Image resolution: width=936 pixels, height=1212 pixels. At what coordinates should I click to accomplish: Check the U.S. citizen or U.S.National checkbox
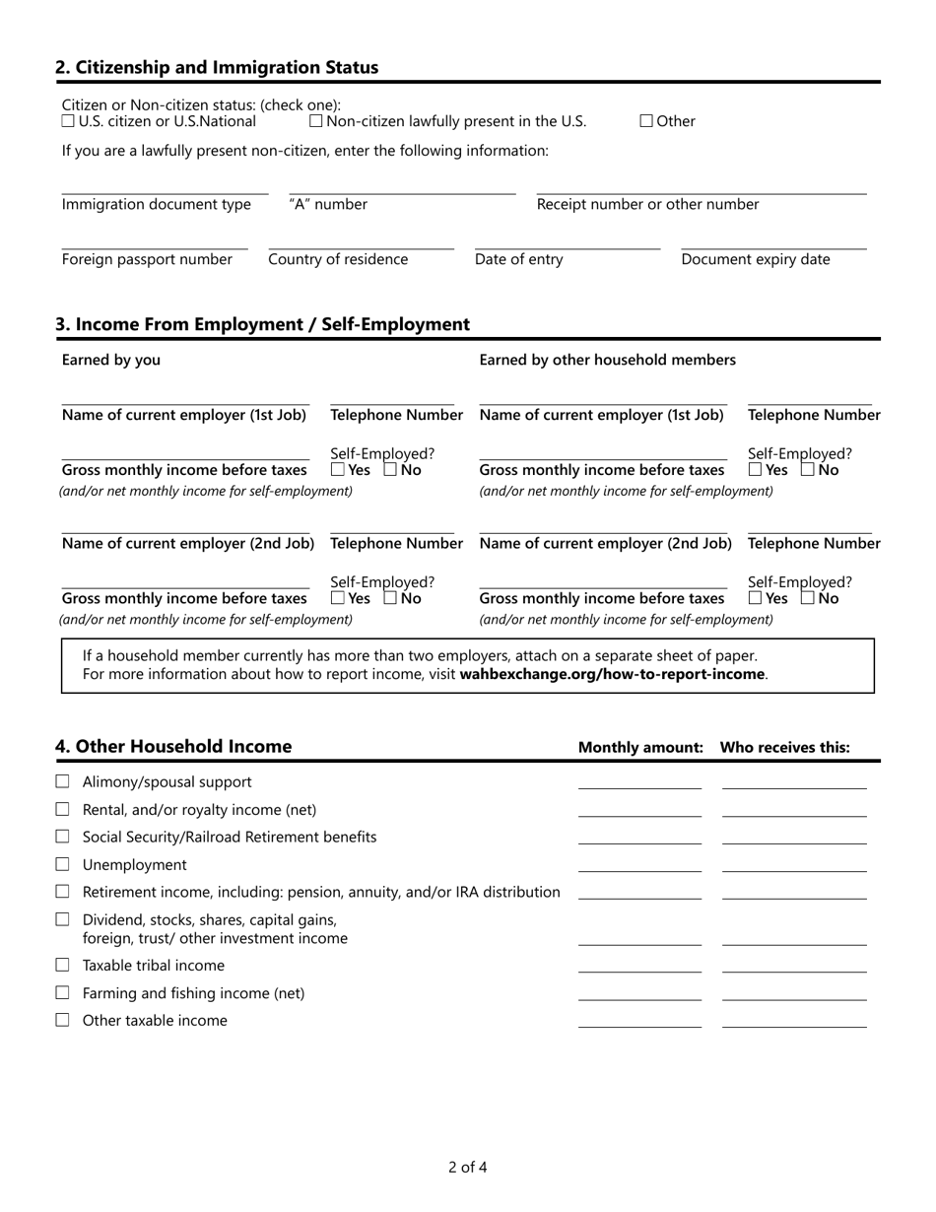pos(68,121)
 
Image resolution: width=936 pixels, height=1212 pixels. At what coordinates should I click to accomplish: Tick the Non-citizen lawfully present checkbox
pos(316,121)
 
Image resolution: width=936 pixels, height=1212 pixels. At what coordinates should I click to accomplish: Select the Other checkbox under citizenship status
pos(646,121)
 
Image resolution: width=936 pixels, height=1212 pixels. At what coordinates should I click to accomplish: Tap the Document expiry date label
pos(755,259)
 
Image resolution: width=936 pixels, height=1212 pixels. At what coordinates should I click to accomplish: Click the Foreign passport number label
pos(147,259)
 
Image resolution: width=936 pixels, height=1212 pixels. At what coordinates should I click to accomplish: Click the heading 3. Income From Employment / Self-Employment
pos(262,324)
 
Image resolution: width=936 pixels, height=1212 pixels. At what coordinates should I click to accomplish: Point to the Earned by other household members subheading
pos(607,360)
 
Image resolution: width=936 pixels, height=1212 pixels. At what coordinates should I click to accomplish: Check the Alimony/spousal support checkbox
pos(63,781)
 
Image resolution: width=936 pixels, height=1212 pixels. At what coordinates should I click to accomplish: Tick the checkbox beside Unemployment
pos(63,864)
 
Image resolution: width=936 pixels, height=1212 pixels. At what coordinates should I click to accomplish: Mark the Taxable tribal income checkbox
pos(63,965)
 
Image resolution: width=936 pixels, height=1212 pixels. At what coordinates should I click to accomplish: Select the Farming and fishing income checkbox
pos(63,992)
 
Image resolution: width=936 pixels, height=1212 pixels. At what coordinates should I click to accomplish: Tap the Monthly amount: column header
pos(640,748)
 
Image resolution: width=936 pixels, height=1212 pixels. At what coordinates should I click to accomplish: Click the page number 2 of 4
pos(467,1168)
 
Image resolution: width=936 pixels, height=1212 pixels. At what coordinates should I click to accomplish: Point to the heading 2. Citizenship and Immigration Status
pos(217,68)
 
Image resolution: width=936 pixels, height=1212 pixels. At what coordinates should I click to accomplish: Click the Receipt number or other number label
pos(647,204)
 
